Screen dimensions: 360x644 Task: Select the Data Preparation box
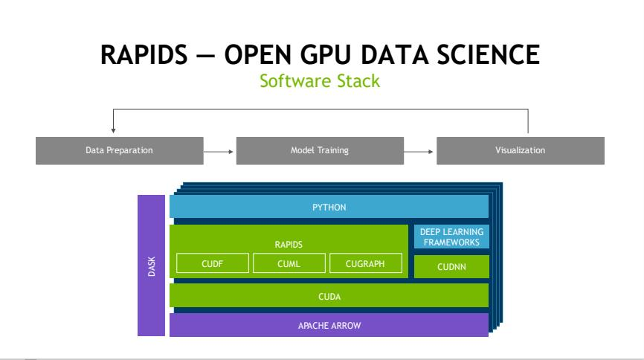pos(119,151)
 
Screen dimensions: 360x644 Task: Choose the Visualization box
pos(520,151)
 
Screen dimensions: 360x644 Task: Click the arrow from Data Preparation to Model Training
pos(219,151)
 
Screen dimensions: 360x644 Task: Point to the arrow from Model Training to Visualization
pos(419,151)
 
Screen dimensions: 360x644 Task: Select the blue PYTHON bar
pos(329,207)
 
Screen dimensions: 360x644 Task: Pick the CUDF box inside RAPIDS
pos(213,263)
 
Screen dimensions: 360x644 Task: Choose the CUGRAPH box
pos(364,263)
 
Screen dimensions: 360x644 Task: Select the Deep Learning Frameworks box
pos(451,237)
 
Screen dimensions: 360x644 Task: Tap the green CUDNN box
pos(451,266)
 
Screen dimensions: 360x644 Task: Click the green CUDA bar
pos(329,295)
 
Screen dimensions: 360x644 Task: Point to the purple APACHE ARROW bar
pos(329,325)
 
